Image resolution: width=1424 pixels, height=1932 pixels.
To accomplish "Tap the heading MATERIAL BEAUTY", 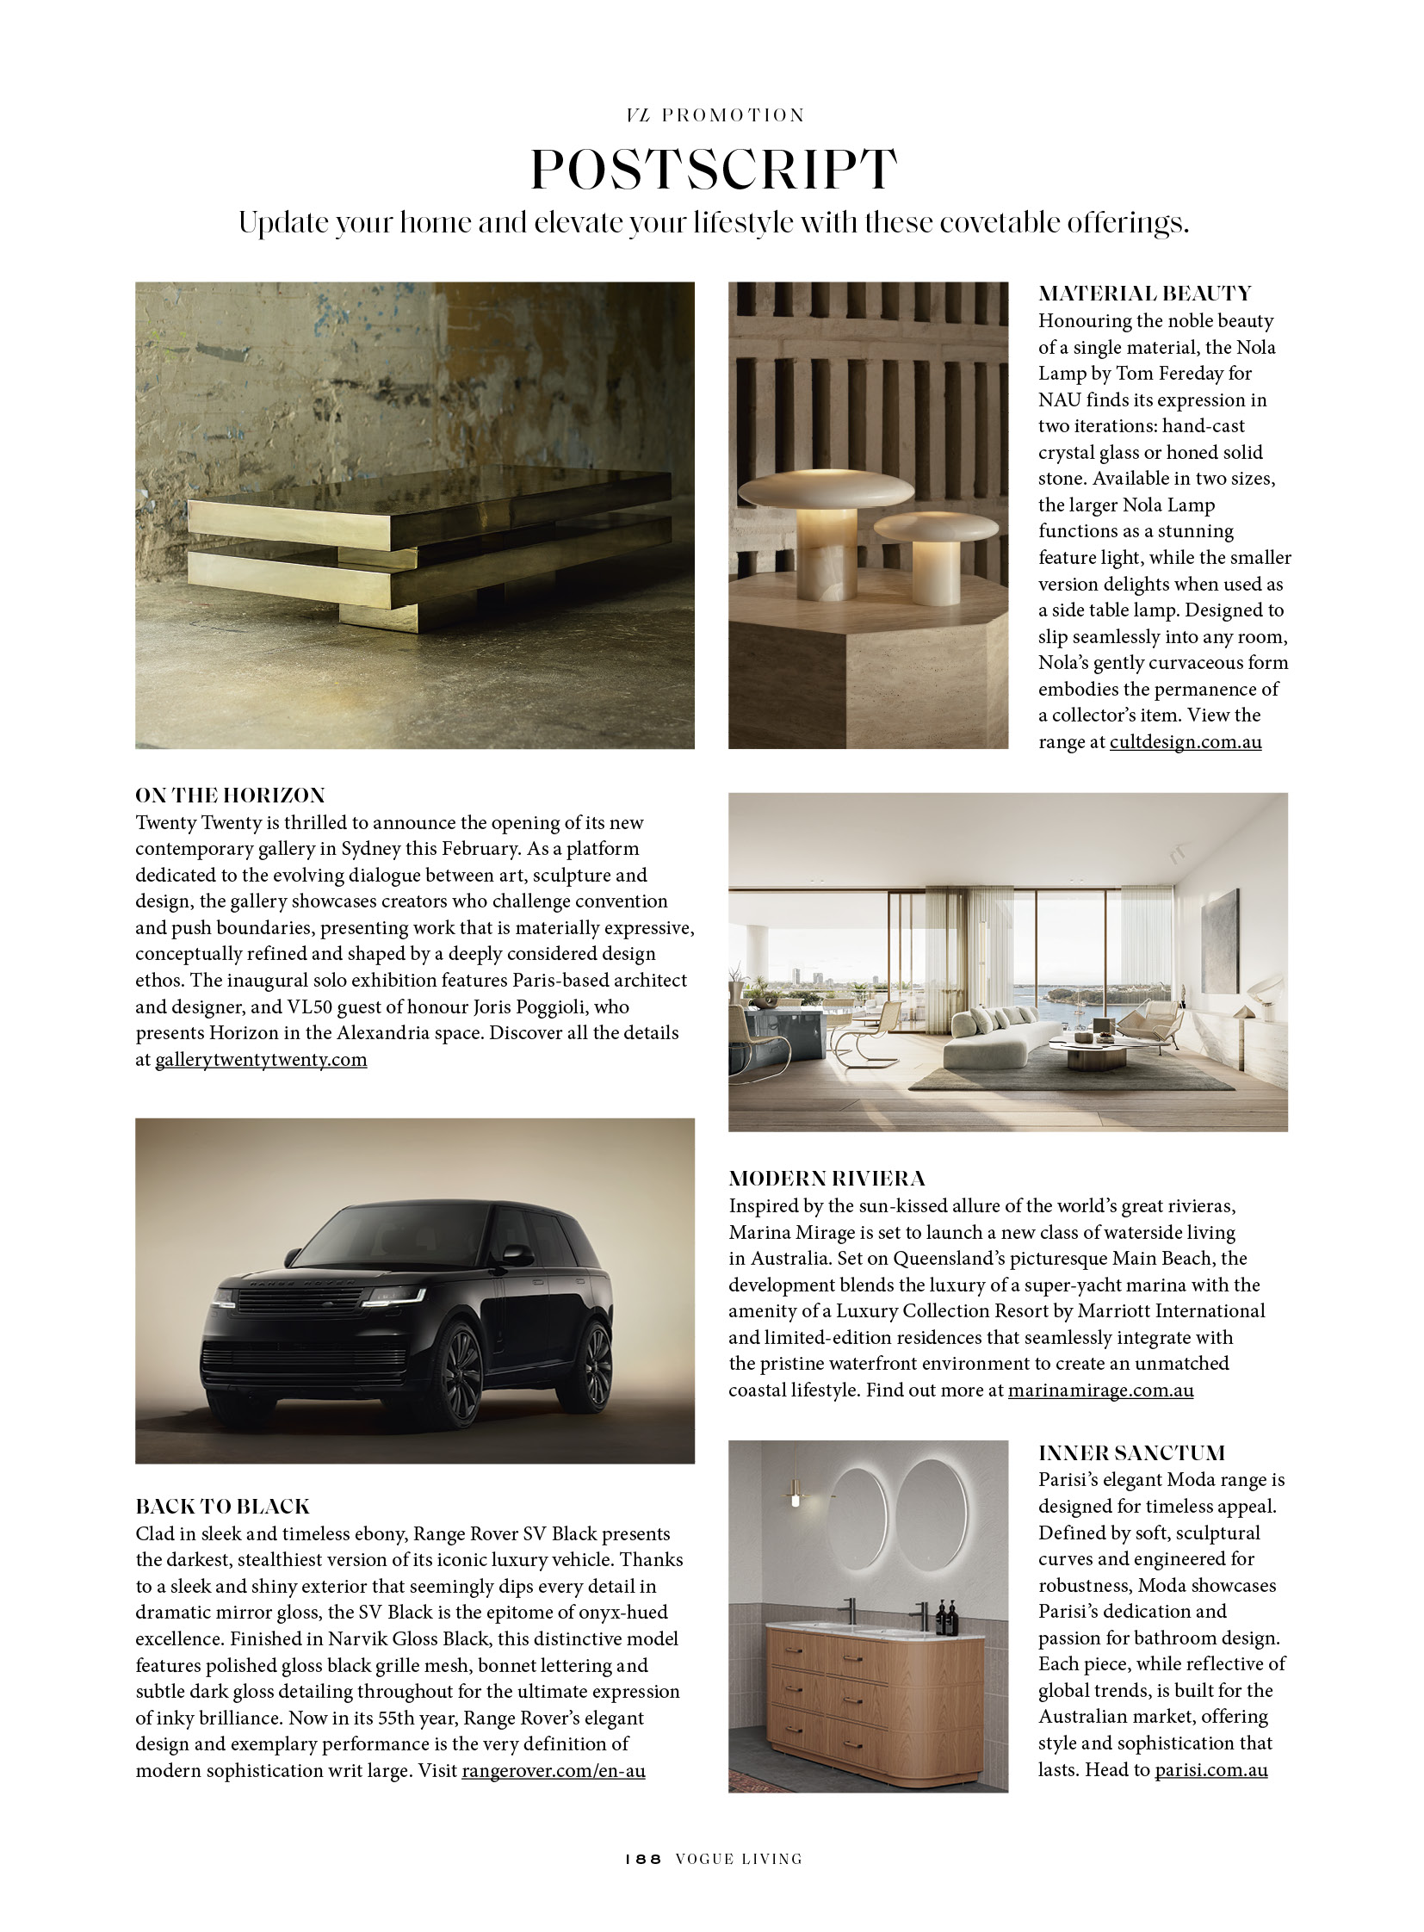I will (1144, 293).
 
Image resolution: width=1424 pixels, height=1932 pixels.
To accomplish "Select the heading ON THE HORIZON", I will (230, 795).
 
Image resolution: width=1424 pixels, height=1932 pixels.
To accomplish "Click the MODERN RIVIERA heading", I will (827, 1179).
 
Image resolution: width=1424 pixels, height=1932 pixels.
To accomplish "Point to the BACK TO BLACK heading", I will (222, 1506).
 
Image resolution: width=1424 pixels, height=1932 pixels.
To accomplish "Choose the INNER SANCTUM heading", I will (1131, 1453).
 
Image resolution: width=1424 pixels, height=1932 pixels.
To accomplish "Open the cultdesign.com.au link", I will (1186, 741).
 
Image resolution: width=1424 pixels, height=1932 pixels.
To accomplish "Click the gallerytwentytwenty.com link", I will (260, 1060).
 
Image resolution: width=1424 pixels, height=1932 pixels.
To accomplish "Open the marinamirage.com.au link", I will (1100, 1390).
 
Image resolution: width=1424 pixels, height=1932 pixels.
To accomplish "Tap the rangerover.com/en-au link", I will (554, 1771).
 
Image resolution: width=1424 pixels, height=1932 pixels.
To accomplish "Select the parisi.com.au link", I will (1210, 1770).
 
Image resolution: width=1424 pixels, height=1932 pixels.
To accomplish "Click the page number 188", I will (643, 1859).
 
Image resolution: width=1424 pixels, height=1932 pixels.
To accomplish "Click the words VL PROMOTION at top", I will (715, 115).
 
